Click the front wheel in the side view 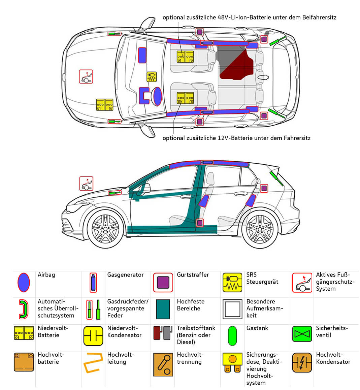[105, 229]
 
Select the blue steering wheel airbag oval [158, 96]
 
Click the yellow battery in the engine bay [105, 105]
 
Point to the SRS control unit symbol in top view [152, 77]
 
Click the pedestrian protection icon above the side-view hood [86, 184]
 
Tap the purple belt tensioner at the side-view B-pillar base [199, 223]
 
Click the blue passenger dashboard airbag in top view [142, 55]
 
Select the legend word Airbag [46, 275]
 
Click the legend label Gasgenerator [125, 275]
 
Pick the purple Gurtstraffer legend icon [163, 283]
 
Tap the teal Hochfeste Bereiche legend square [163, 309]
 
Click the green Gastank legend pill [232, 336]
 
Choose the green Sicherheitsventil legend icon [302, 334]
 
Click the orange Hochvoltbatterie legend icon [24, 362]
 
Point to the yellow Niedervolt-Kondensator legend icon [93, 336]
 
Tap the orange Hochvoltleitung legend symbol [93, 363]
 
